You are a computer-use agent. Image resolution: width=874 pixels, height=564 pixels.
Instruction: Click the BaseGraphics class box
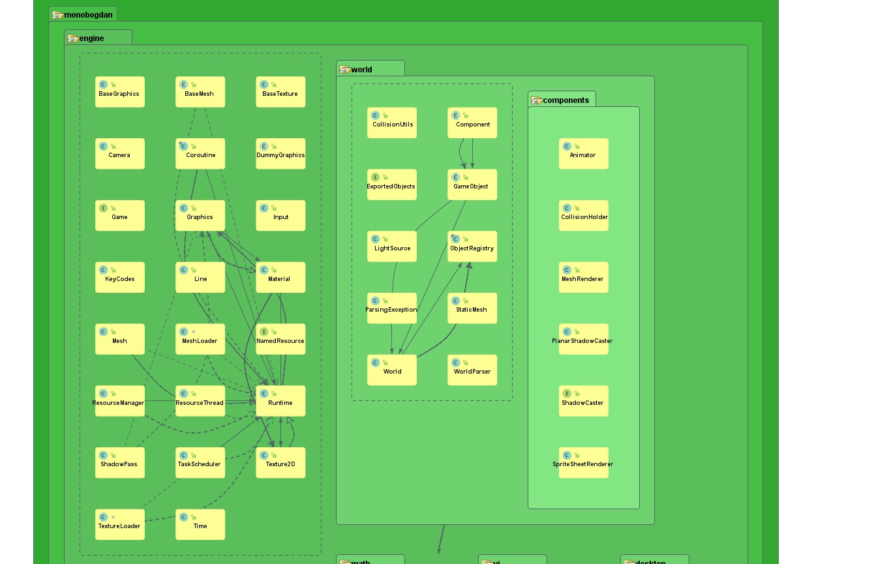(x=119, y=92)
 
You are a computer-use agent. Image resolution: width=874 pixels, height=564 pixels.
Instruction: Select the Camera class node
(x=119, y=154)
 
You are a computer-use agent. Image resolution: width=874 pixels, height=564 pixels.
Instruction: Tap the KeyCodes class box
(x=119, y=278)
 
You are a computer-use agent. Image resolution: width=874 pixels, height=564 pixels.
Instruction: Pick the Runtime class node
(x=280, y=401)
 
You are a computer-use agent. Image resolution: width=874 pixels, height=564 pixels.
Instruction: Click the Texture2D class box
(x=280, y=463)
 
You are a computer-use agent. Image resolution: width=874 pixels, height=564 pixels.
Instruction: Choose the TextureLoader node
(x=119, y=525)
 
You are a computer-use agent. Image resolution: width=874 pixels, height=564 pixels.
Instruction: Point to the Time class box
(x=200, y=525)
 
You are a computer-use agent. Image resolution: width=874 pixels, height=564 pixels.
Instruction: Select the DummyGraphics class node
(x=280, y=154)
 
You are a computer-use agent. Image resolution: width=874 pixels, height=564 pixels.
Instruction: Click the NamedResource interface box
(x=280, y=340)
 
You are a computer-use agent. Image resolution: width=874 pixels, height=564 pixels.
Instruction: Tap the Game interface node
(x=119, y=216)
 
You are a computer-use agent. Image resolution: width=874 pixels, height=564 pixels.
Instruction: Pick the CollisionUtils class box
(x=392, y=123)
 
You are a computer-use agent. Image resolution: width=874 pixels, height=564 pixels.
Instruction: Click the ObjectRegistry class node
(x=472, y=246)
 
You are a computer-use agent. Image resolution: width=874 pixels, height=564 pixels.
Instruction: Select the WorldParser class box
(x=472, y=370)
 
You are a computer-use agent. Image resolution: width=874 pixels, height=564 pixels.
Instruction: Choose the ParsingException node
(x=392, y=308)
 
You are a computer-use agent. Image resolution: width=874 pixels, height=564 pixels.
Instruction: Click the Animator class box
(x=583, y=154)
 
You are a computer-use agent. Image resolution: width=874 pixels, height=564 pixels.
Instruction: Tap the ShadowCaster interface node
(x=583, y=401)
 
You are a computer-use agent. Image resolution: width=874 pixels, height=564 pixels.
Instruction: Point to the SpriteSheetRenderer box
(x=583, y=463)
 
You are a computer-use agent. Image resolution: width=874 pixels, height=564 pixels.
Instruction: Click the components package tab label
(x=565, y=100)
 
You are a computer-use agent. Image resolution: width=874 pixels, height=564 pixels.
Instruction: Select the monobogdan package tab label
(x=88, y=15)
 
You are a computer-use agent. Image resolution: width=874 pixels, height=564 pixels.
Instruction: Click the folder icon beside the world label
(x=345, y=70)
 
